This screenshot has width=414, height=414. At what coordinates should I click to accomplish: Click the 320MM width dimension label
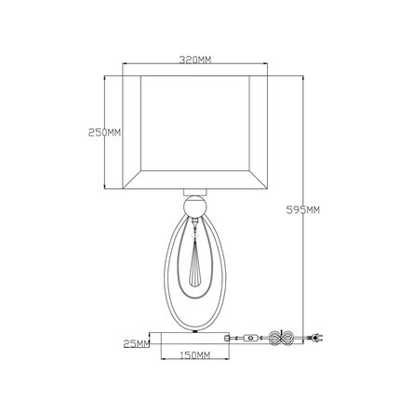tap(195, 60)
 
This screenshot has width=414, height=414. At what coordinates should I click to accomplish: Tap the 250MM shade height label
tap(104, 133)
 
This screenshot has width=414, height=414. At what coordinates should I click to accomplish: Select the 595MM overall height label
tap(302, 210)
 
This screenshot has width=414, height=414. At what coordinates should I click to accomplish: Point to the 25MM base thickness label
tap(137, 343)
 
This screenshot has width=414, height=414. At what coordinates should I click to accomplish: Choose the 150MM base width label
tap(194, 354)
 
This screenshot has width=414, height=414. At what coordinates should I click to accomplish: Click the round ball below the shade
tap(194, 207)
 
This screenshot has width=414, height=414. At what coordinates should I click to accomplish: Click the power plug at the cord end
tap(315, 337)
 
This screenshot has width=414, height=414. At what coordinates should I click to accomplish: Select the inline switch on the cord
tap(250, 338)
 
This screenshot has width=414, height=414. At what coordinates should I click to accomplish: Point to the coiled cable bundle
tap(281, 337)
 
